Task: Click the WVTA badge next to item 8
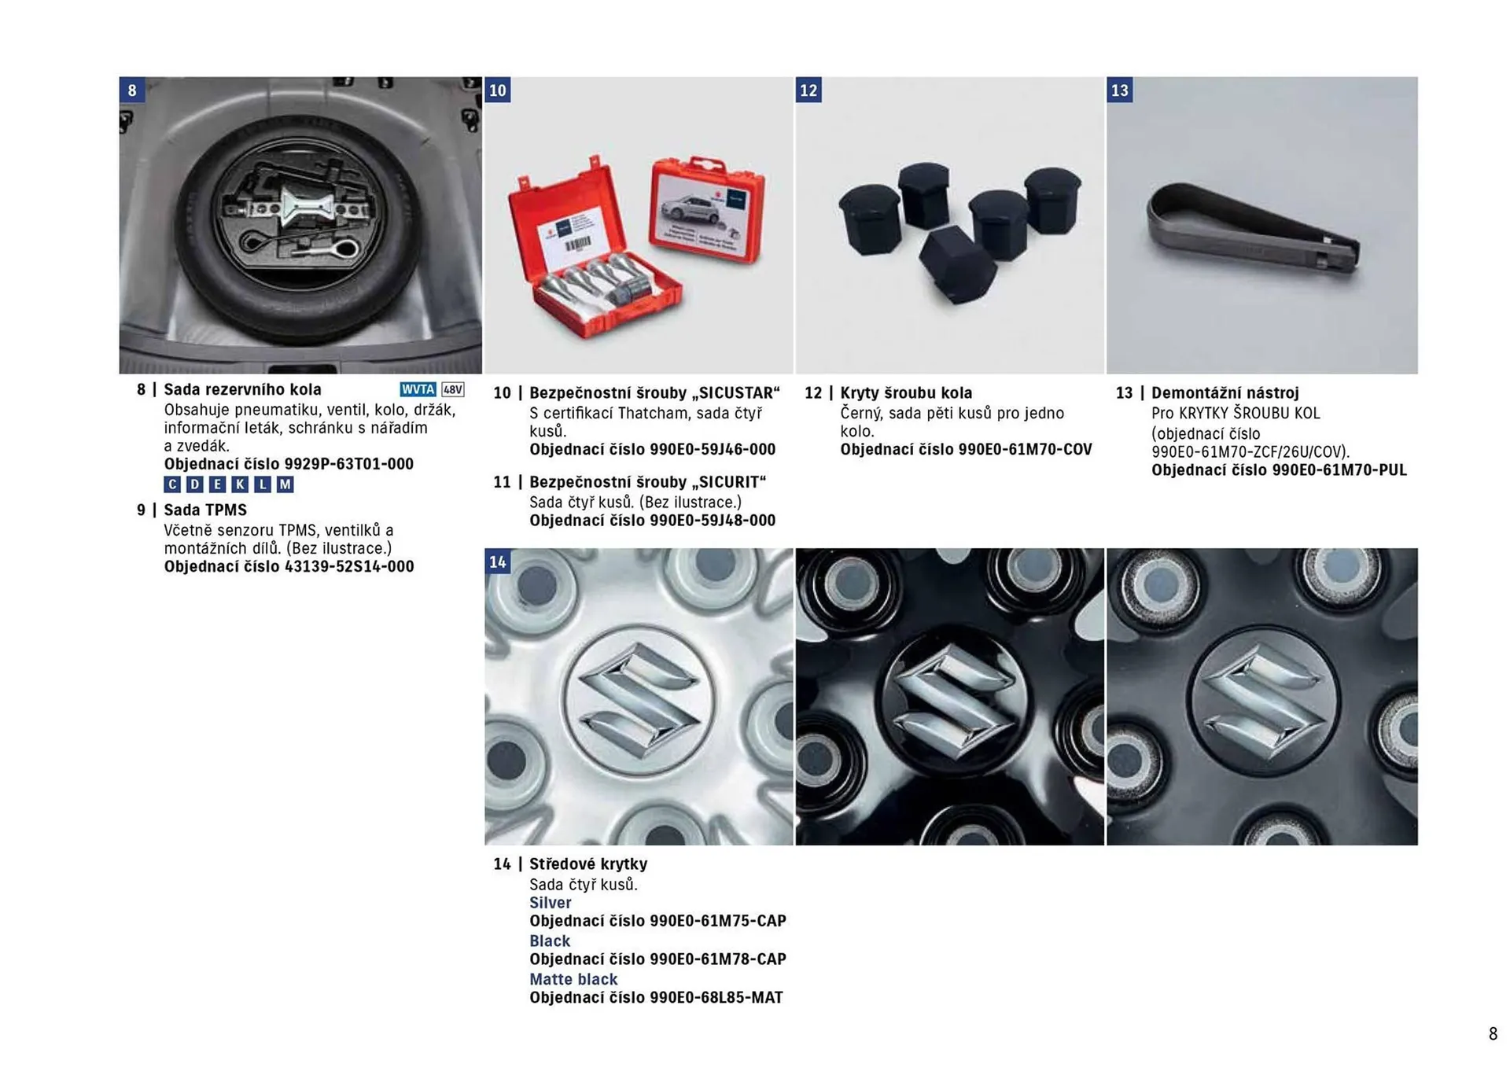tap(418, 389)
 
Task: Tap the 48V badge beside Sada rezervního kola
tap(453, 389)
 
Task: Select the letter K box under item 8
tap(240, 484)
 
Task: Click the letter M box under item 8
tap(285, 484)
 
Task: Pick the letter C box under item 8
tap(172, 484)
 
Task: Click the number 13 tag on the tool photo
tap(1120, 90)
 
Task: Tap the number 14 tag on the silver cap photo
tap(498, 562)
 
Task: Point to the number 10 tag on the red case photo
tap(498, 90)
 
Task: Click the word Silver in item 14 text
tap(551, 903)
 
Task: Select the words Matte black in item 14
tap(573, 979)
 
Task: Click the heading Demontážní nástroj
tap(1225, 392)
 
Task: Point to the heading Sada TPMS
tap(205, 510)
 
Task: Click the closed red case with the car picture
tap(707, 210)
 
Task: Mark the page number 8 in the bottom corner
tap(1493, 1033)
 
